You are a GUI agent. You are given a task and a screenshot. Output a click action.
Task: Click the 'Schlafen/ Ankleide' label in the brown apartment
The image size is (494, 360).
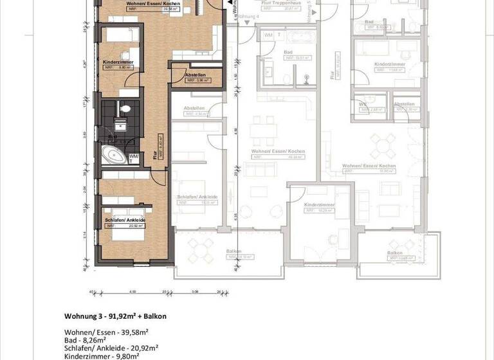click(x=125, y=221)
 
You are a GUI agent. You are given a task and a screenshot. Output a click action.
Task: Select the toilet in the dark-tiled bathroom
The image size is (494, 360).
click(x=125, y=109)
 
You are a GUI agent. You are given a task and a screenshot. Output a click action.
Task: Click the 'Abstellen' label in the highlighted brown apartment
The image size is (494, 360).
click(x=194, y=76)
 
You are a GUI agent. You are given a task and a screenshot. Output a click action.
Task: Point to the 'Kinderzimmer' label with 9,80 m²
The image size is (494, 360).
click(x=118, y=62)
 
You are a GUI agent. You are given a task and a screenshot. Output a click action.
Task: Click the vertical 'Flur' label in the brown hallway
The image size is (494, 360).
click(x=155, y=154)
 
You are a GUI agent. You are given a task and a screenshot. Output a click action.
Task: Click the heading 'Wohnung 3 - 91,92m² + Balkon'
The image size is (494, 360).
click(x=116, y=316)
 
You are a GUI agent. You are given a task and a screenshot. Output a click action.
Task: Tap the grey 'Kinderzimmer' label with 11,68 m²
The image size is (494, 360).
click(x=388, y=65)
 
